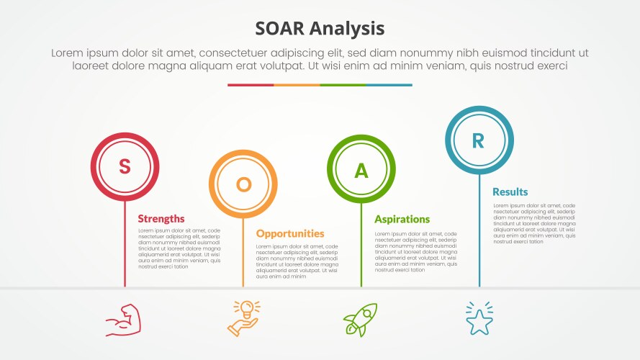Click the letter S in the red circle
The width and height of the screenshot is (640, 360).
(x=125, y=166)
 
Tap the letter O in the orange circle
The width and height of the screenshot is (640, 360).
(x=243, y=184)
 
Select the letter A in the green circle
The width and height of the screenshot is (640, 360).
(x=361, y=170)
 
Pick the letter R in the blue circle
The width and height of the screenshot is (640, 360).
(x=479, y=140)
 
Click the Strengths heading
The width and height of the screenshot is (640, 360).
(x=161, y=219)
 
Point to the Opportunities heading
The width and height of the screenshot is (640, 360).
(x=290, y=233)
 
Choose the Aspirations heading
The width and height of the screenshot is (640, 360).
(x=402, y=219)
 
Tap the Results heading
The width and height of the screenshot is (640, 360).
(x=510, y=192)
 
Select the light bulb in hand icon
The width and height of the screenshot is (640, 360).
(x=244, y=318)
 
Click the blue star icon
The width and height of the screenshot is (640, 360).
(x=479, y=319)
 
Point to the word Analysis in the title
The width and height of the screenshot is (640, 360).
(x=350, y=28)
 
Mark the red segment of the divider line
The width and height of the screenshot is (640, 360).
(x=251, y=85)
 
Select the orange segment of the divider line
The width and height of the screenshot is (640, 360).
(x=297, y=85)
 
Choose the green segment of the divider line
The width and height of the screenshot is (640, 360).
(x=343, y=85)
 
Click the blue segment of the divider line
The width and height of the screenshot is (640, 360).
(x=389, y=85)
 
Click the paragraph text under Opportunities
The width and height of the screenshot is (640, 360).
(x=297, y=261)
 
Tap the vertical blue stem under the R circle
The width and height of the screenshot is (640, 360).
(x=479, y=230)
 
